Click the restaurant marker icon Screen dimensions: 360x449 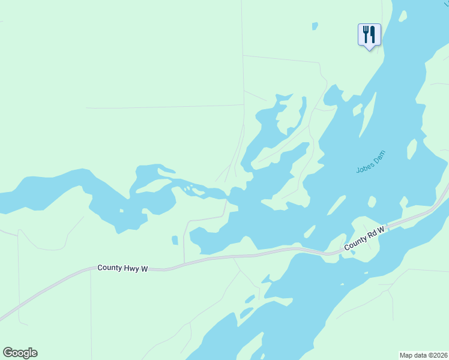coord(369,34)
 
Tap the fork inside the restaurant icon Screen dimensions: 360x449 coord(365,34)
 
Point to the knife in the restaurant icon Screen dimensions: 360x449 coord(373,34)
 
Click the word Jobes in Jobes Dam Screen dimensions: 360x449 coord(364,166)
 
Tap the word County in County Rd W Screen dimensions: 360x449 coord(355,244)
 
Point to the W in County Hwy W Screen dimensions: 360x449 coord(144,269)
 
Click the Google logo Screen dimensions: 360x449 coord(20,353)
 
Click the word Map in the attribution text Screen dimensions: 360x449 coord(406,355)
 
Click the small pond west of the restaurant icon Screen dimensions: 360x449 coord(315,26)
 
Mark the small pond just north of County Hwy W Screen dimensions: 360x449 coord(175,240)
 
